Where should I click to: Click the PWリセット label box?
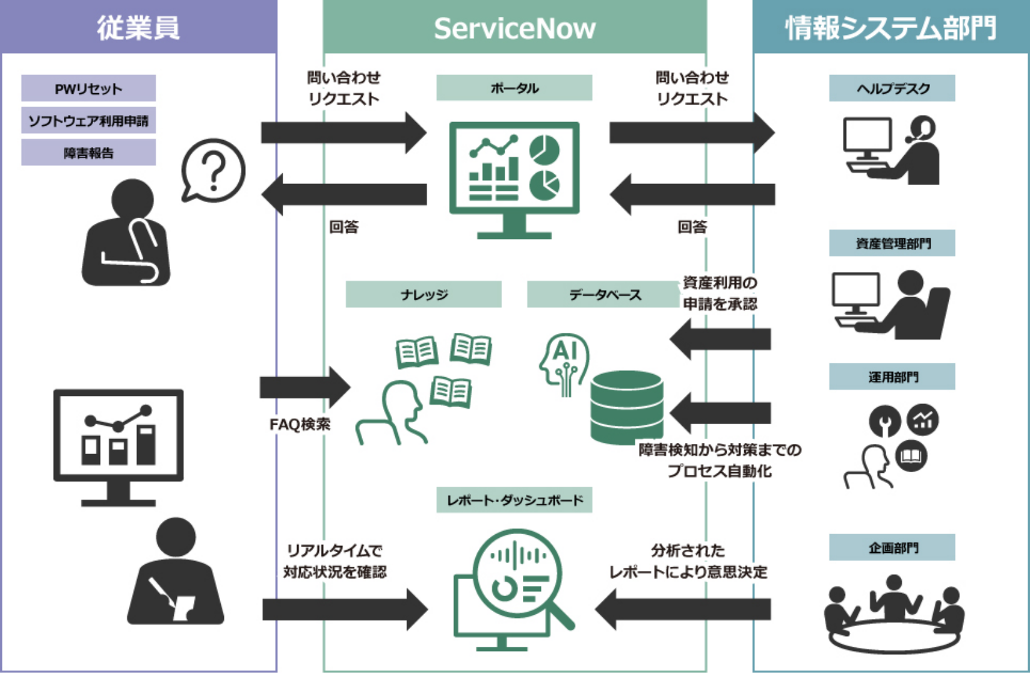(88, 88)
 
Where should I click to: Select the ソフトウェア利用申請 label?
(88, 121)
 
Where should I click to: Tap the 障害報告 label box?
(88, 153)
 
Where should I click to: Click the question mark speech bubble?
(213, 170)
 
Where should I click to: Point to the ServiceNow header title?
(515, 28)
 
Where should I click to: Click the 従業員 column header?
(138, 28)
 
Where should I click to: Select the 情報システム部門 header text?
(891, 28)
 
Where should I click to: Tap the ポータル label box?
(514, 88)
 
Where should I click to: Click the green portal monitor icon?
(514, 178)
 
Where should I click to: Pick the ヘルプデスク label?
(892, 88)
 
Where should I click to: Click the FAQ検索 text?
(300, 425)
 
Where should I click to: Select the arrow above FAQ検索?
(305, 387)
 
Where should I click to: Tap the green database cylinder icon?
(626, 407)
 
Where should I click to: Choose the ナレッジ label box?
(423, 294)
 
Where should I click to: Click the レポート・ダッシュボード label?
(514, 500)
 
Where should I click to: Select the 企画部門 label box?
(892, 547)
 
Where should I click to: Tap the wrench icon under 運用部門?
(884, 422)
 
